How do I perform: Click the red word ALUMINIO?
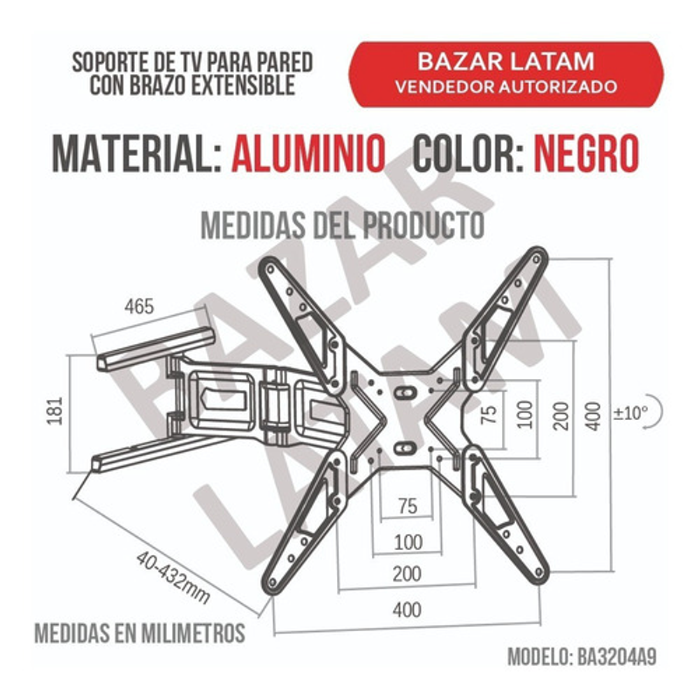click(308, 153)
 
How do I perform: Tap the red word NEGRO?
click(586, 153)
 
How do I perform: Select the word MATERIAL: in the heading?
click(137, 153)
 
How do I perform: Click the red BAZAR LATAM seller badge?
click(506, 74)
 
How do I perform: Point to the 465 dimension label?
click(139, 306)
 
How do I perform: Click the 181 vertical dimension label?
click(55, 410)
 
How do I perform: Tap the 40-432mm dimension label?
click(173, 577)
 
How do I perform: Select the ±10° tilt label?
click(630, 413)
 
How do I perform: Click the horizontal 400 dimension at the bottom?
click(407, 610)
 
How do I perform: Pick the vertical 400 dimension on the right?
click(593, 416)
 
